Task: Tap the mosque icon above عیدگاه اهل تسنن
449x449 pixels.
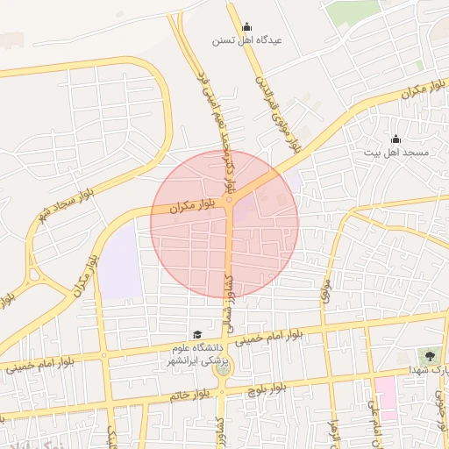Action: coord(246,26)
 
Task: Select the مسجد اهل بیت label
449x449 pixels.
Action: coord(396,152)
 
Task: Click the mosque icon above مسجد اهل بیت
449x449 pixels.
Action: coord(396,138)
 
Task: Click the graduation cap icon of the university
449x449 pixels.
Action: coord(198,335)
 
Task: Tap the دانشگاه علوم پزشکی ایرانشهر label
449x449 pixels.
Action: coord(197,354)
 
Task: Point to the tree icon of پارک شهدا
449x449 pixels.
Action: coord(430,356)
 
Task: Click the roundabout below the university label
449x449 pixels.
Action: coord(223,369)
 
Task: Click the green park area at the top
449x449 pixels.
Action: coord(354,11)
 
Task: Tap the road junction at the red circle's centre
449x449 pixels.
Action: coord(229,200)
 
